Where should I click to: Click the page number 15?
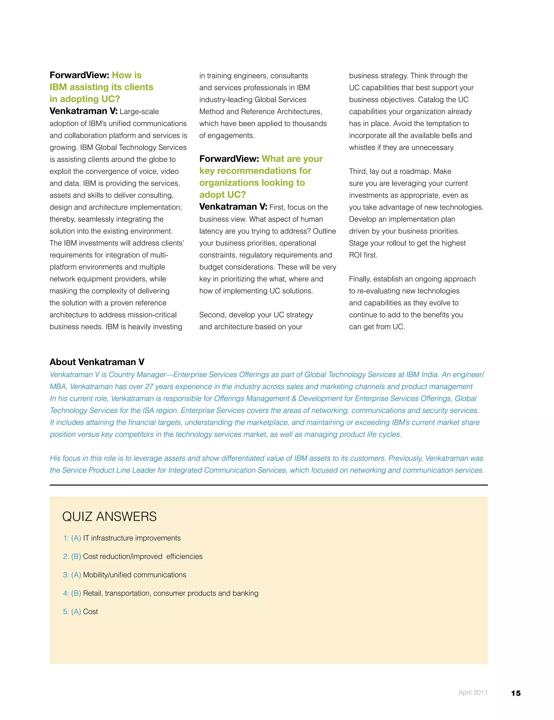pos(516,693)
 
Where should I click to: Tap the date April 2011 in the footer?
pos(473,692)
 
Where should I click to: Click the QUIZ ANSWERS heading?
pos(109,517)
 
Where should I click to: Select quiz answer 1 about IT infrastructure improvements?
pos(122,538)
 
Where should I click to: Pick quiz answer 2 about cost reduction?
pos(133,556)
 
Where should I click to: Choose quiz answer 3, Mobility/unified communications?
pos(124,575)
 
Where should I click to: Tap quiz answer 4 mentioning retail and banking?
pos(161,593)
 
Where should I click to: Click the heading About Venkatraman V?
pos(97,362)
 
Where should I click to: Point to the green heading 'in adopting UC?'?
pos(85,99)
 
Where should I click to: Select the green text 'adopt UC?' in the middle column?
pos(222,194)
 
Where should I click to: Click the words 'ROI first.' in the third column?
pos(363,255)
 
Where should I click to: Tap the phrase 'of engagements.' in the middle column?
pos(227,135)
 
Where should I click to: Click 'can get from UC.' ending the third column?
pos(377,327)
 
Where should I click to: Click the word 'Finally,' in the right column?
pos(360,279)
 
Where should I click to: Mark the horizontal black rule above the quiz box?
pos(268,485)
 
